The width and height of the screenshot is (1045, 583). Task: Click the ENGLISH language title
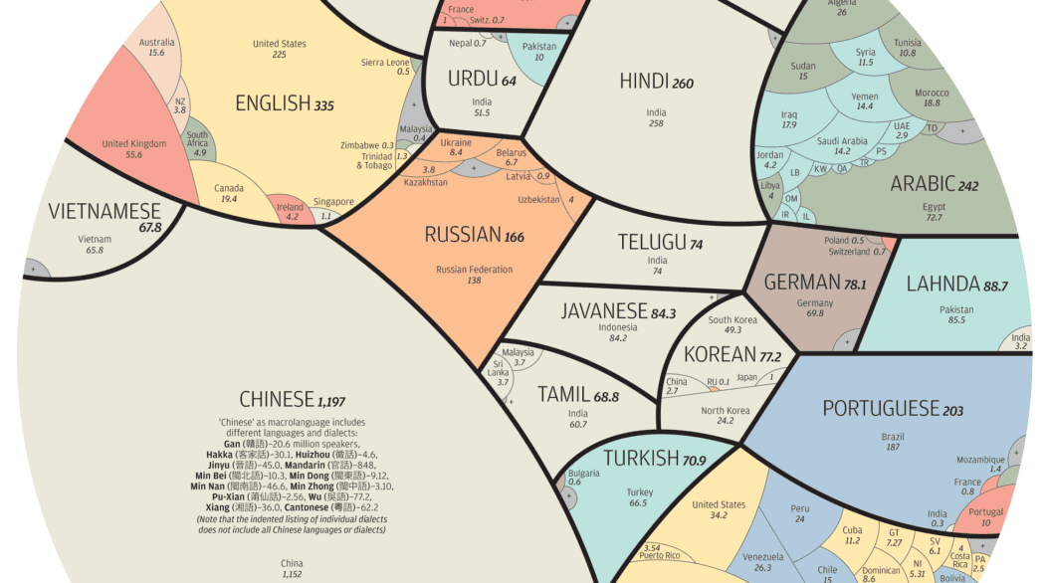coord(272,102)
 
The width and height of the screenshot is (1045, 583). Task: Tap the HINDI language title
coord(643,82)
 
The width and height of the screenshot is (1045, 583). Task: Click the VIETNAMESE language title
coord(104,212)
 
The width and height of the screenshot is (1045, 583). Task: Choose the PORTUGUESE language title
coord(881,408)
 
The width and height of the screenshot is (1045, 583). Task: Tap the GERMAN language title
coord(802,284)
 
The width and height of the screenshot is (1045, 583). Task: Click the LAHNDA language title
coord(942,285)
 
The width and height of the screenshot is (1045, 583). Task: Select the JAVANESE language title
coord(604,311)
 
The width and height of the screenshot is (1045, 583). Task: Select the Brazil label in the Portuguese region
coord(892,436)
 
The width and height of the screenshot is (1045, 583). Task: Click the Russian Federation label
coord(474,269)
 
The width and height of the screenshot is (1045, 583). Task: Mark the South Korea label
coord(731,319)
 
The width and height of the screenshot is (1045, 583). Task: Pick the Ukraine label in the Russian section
coord(456,142)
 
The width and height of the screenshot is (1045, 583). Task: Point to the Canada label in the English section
coord(229,186)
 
